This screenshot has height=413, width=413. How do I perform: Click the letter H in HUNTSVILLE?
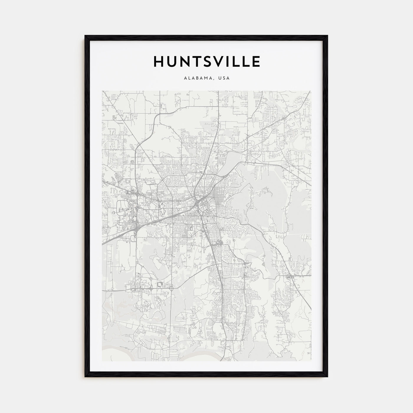[158, 61]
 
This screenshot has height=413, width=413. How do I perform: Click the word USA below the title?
[224, 78]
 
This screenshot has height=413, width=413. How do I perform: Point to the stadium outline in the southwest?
[160, 284]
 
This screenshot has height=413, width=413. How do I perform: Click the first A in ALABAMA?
[185, 78]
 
